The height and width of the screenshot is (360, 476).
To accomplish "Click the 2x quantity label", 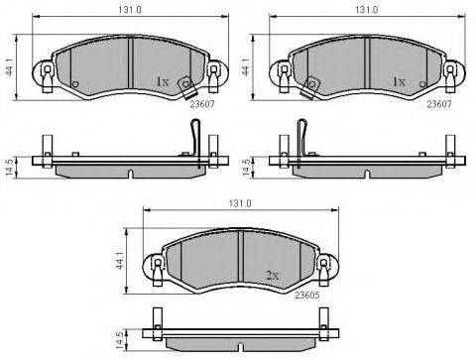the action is coord(273,276).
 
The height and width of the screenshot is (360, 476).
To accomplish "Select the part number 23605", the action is coord(307,296).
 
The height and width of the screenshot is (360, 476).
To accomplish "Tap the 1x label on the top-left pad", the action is coord(162,81).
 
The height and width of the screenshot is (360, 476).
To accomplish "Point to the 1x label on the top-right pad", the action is coord(399,81).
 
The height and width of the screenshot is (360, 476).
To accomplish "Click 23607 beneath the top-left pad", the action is coord(202,104).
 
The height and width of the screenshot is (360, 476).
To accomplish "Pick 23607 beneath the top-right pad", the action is coord(439,104).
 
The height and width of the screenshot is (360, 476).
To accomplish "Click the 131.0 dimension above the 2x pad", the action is coord(240,203).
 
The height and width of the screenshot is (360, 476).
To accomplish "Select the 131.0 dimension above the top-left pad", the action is coord(130,10).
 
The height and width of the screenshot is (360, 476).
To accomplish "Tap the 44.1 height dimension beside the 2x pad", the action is coord(119,260).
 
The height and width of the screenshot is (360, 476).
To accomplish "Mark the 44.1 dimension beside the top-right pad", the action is coord(246,67).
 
